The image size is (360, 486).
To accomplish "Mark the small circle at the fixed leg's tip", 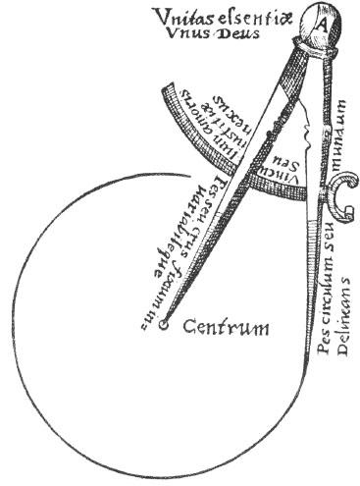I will [164, 323].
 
